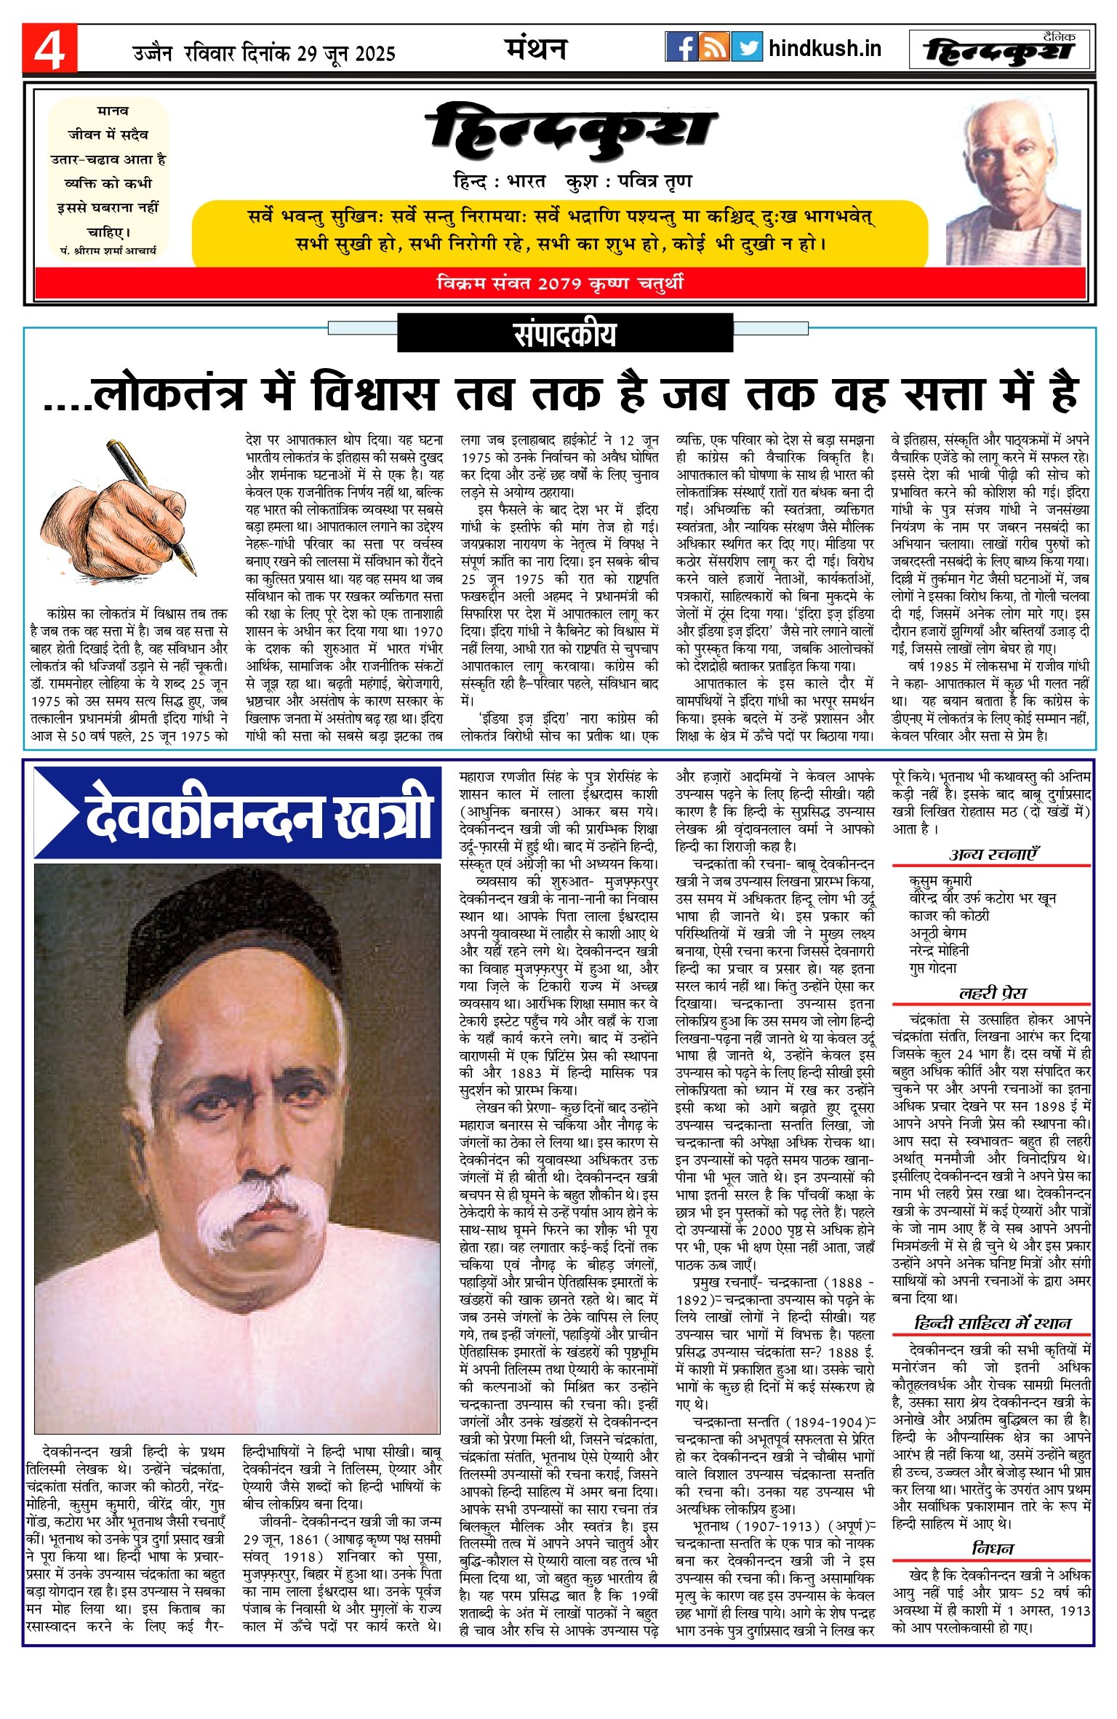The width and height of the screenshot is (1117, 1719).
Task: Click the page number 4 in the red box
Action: (49, 49)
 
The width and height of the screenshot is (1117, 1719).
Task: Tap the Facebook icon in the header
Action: (681, 47)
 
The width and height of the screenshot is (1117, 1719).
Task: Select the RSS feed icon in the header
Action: (714, 47)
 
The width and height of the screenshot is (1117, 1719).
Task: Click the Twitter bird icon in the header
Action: (747, 47)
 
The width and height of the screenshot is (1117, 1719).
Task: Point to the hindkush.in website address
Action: (825, 49)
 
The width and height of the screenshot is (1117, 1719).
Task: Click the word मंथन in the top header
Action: (536, 49)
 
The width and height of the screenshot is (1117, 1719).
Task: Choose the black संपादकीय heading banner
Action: (565, 334)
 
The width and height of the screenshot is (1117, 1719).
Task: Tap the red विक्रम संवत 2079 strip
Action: (560, 283)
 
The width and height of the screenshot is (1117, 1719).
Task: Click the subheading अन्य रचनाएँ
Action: (993, 855)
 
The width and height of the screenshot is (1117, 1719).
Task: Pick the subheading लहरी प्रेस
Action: (993, 994)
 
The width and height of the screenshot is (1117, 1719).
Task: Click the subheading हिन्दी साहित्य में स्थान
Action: (993, 1323)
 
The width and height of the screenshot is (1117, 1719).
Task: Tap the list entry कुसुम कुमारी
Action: (940, 881)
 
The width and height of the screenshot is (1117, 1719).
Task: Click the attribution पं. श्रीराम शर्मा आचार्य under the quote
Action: (108, 250)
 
